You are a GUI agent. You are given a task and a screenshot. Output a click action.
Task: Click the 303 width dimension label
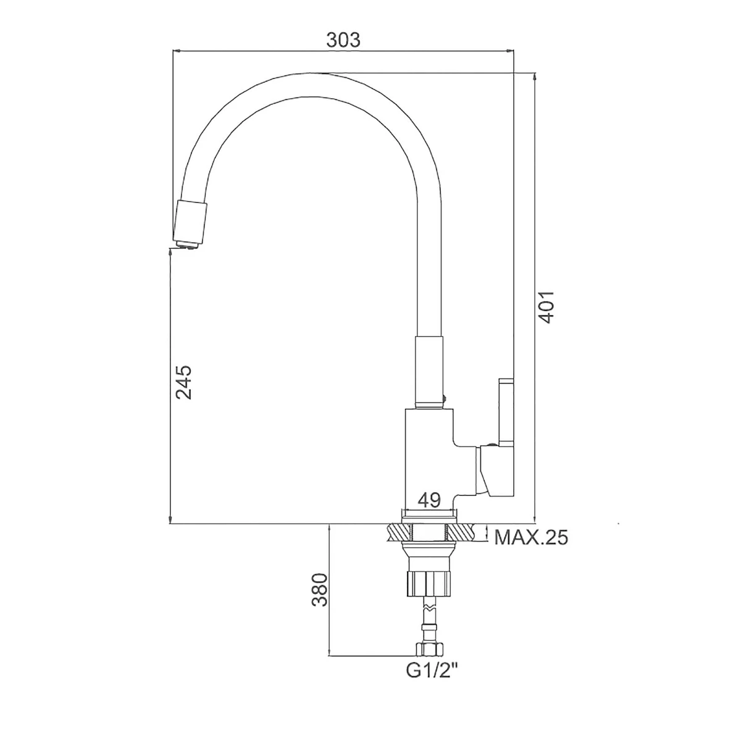(343, 40)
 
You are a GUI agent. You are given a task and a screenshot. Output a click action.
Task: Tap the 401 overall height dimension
(546, 307)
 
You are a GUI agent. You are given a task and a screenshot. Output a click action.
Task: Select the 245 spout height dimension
(183, 382)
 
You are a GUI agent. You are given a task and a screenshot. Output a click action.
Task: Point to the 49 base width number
(429, 500)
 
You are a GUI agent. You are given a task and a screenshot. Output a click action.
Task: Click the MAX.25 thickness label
(530, 537)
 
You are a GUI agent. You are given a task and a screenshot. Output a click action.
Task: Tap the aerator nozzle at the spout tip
(190, 225)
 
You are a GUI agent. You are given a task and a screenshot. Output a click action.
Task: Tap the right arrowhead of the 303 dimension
(510, 51)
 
